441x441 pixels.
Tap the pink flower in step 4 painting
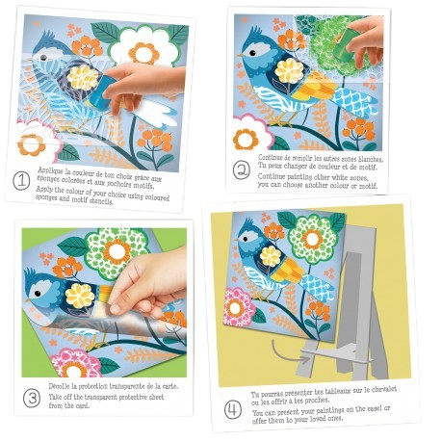pos(241,308)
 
